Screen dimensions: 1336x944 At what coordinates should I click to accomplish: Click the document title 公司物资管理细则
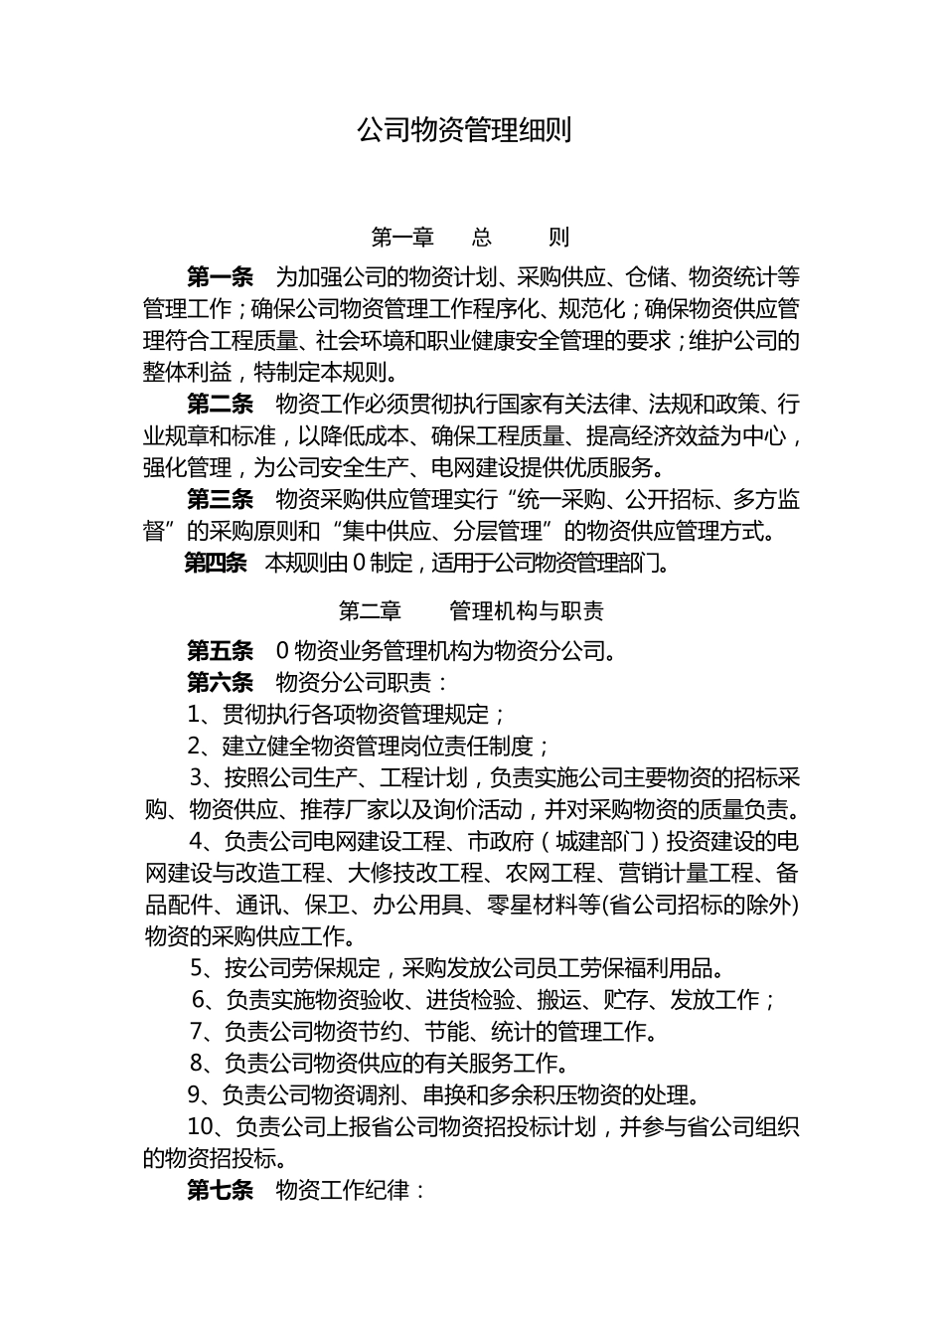(464, 131)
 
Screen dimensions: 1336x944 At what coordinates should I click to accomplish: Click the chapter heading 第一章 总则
(470, 238)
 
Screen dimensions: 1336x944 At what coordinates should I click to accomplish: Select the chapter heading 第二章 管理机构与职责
(471, 610)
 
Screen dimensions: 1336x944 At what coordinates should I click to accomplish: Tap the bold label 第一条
(220, 276)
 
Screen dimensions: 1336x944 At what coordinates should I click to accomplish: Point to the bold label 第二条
(220, 404)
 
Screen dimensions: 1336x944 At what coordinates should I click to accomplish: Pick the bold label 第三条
(220, 499)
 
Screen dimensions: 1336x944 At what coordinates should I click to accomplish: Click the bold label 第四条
(216, 564)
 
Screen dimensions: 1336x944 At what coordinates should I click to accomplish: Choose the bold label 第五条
(220, 651)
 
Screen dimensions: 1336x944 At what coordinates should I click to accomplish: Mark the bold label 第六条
(220, 683)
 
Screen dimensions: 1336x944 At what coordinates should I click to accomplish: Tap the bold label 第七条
(220, 1190)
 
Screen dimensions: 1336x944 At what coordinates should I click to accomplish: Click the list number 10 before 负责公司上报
(201, 1127)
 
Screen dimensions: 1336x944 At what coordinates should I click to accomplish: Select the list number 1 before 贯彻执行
(194, 715)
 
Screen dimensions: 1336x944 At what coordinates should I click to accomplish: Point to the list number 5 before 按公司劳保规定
(198, 968)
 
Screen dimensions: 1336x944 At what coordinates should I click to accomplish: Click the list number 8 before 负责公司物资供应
(197, 1064)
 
